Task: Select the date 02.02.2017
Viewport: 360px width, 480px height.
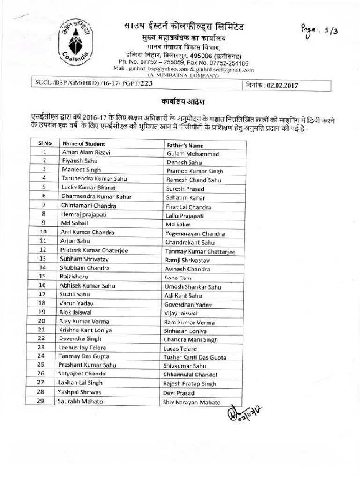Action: pos(282,86)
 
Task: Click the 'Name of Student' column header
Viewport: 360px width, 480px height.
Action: pos(84,144)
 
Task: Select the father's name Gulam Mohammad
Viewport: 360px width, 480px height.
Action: pos(193,154)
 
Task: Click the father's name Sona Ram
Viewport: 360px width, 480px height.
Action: pos(178,278)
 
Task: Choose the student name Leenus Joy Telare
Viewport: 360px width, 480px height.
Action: pos(82,347)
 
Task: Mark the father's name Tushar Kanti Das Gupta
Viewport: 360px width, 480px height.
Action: pos(195,357)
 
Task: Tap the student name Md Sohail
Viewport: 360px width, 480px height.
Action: pos(75,223)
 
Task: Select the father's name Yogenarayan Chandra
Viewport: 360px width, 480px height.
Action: pos(195,234)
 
